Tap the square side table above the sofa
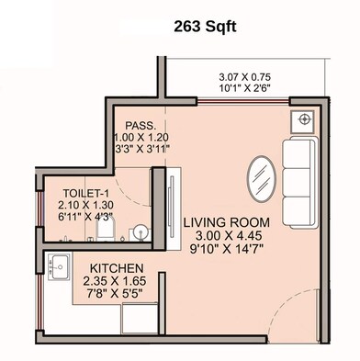click(x=302, y=119)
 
